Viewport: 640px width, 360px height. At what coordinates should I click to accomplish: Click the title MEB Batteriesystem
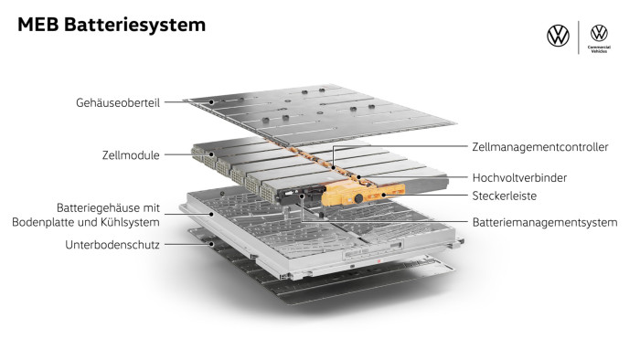click(x=112, y=25)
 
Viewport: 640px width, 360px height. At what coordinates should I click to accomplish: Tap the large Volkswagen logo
click(x=558, y=36)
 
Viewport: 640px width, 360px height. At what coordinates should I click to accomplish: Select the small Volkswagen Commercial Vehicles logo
click(x=599, y=38)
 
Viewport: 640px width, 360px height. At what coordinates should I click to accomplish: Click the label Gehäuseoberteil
click(x=118, y=102)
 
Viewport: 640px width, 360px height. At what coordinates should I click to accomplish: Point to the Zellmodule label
click(x=131, y=155)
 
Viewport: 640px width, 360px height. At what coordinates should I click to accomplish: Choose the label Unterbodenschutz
click(x=112, y=245)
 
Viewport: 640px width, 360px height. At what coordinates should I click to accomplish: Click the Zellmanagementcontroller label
click(x=540, y=147)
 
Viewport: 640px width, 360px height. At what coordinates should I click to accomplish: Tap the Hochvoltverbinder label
click(x=519, y=178)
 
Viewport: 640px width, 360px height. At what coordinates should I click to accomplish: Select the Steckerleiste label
click(x=504, y=196)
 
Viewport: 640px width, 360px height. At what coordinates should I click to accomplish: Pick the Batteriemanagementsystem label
click(x=545, y=223)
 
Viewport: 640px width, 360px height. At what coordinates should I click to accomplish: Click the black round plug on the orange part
click(x=358, y=198)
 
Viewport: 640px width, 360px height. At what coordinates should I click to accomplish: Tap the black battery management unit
click(x=301, y=194)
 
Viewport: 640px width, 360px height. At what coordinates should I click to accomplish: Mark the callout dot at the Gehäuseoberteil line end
click(x=211, y=102)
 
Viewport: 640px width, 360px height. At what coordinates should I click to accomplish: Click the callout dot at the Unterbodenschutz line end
click(x=211, y=245)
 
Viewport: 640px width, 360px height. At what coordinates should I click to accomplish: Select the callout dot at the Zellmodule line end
click(x=211, y=154)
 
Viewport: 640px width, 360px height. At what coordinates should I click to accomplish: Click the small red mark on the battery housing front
click(x=379, y=260)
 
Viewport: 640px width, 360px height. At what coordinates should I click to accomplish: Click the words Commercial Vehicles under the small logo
click(x=599, y=49)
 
